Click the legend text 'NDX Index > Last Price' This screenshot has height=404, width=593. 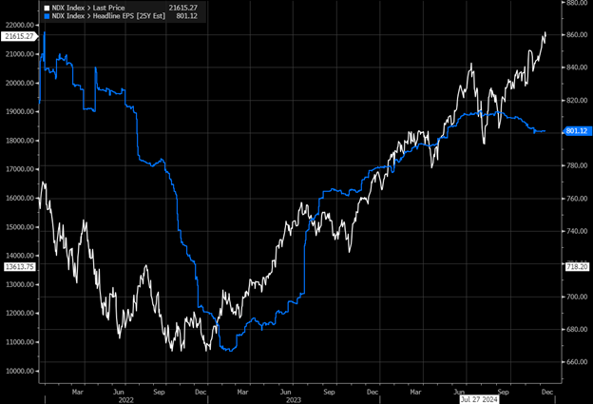(88, 8)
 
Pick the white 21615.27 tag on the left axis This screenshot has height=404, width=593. (19, 35)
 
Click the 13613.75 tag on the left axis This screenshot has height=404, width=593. (19, 267)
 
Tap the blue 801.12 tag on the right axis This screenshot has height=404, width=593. (578, 130)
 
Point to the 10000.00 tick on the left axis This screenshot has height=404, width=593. (20, 371)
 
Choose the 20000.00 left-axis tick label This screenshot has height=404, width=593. (20, 83)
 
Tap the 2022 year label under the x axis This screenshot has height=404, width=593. (126, 399)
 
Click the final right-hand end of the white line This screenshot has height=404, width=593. (545, 32)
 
